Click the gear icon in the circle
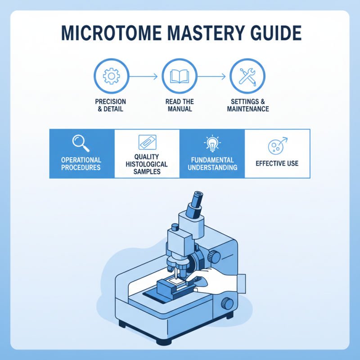point(111,77)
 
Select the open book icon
point(179,77)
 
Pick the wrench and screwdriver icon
point(247,77)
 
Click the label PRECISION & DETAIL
point(111,105)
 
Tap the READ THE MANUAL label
point(179,105)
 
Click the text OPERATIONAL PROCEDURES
point(81,164)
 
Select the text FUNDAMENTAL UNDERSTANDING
point(212,164)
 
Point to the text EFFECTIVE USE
point(277,163)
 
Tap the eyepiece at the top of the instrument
point(196,201)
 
